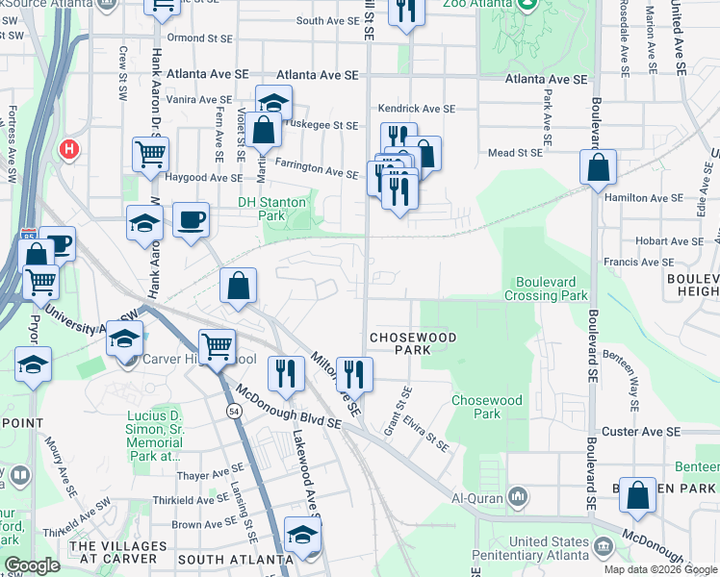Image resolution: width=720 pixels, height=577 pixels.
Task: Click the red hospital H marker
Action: click(69, 149)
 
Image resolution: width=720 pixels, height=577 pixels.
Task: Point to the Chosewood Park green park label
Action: click(487, 406)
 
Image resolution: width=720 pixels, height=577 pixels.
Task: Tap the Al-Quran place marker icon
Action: click(518, 496)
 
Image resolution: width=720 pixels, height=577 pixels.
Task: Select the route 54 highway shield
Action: click(234, 411)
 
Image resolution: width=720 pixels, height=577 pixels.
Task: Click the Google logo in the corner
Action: click(32, 565)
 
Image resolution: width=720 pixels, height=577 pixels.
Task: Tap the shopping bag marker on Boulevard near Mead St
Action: click(598, 167)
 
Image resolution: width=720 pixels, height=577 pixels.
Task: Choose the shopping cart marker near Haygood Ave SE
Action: click(150, 154)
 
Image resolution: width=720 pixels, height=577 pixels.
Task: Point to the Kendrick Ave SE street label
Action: click(416, 110)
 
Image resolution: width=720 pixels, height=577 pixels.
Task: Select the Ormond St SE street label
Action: click(199, 38)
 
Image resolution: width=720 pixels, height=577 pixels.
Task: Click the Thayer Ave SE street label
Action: click(210, 475)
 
